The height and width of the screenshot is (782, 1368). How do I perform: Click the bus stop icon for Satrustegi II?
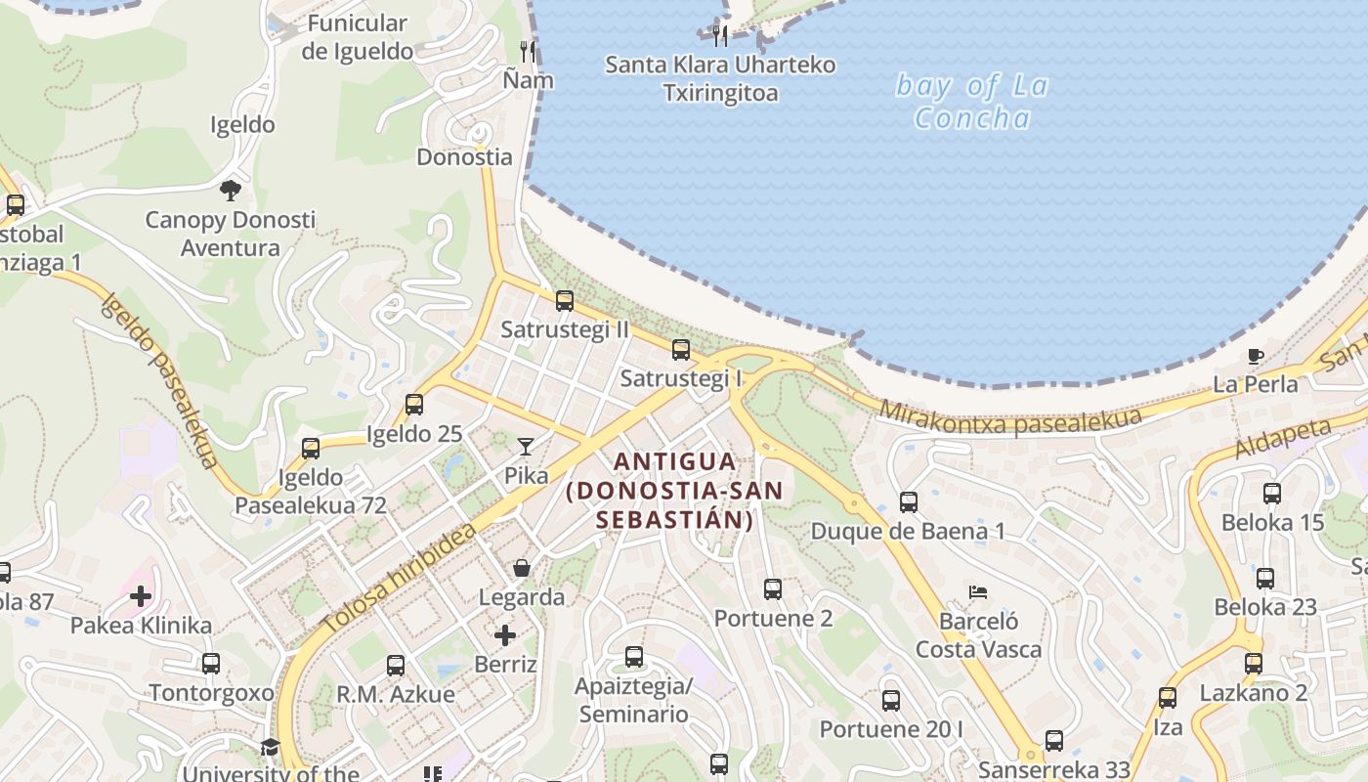564,301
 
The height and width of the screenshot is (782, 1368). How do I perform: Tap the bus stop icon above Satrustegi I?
681,349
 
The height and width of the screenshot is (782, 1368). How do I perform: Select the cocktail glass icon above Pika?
526,447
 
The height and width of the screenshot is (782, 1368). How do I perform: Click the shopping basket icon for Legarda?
522,568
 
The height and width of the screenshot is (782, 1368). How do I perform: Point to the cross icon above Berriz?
504,636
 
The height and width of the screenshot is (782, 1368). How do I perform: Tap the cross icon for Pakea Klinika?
141,595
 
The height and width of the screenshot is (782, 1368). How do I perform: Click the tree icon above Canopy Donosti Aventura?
231,190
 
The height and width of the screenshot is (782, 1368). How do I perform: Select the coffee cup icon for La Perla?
1256,356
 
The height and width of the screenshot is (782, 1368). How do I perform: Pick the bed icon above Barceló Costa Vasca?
978,592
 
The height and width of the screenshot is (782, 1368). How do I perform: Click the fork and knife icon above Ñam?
528,51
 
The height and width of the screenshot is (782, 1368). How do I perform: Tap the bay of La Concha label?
972,102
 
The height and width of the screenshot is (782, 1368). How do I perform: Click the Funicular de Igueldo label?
357,37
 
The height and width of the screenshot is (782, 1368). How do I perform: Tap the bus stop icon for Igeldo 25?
414,404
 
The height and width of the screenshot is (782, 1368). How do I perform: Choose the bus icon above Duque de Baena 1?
909,502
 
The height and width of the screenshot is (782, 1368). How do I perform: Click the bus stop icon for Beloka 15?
1272,494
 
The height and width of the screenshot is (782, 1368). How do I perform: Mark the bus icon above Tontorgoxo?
211,664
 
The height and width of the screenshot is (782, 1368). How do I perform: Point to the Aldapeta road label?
1283,437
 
